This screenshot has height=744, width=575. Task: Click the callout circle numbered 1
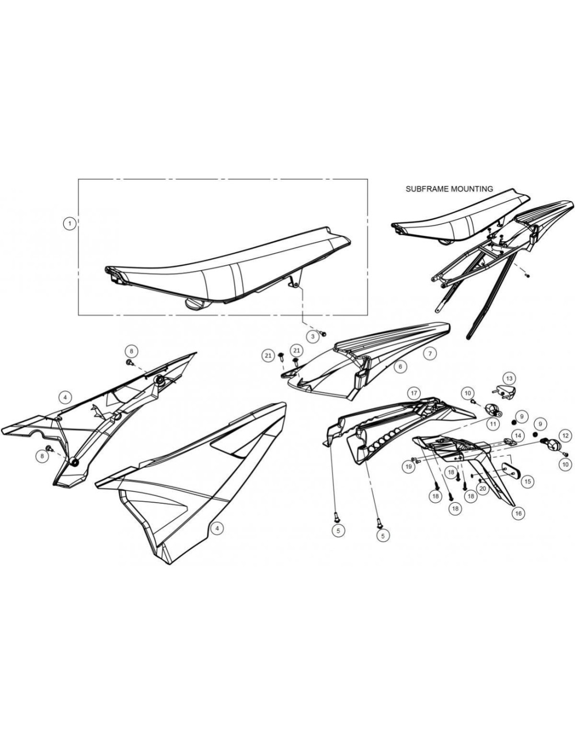click(70, 224)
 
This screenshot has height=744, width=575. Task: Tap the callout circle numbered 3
click(313, 336)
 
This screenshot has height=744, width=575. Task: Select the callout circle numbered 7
click(430, 353)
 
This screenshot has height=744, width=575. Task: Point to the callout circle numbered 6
click(400, 367)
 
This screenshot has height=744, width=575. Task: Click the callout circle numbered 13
click(509, 378)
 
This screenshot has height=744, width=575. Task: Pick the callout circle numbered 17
click(414, 393)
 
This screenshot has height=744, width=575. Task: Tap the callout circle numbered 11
click(493, 423)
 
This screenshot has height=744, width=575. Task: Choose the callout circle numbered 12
click(565, 435)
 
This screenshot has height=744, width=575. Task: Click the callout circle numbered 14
click(518, 435)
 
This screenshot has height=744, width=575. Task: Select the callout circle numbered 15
click(527, 481)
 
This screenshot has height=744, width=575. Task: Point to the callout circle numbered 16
click(519, 513)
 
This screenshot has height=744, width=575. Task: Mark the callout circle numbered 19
click(408, 466)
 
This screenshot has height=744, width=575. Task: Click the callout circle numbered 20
click(482, 489)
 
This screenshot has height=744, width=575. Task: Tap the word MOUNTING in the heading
click(473, 189)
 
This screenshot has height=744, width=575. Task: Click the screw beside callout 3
click(323, 333)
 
